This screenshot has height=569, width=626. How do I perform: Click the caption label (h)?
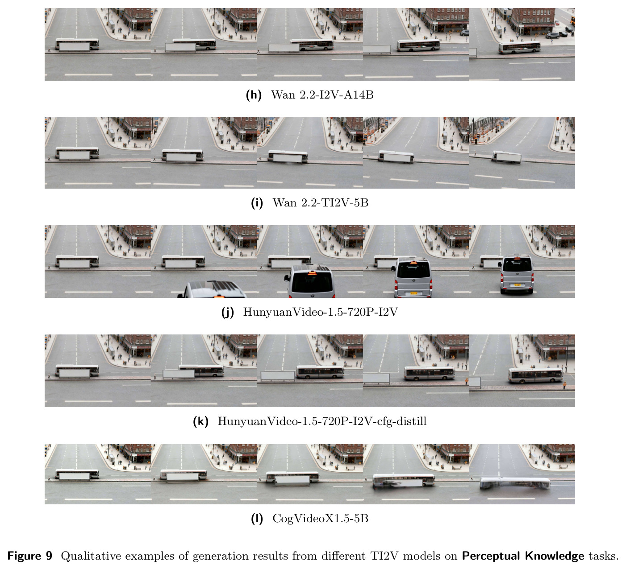254,95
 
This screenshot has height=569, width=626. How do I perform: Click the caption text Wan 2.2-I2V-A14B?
322,95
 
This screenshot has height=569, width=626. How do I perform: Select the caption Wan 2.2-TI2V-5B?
320,202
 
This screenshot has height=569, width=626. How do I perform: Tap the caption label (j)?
228,312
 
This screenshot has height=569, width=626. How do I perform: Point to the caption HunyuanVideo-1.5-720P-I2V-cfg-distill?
322,421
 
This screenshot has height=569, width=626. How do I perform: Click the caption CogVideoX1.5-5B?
320,518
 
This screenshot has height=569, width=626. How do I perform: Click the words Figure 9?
29,556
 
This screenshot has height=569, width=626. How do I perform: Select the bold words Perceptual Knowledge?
523,556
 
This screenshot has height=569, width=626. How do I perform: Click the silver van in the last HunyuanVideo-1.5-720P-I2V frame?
517,274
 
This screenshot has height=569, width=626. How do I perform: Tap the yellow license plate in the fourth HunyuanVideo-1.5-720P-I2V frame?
413,293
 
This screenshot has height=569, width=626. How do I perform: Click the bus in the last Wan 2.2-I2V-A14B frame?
519,47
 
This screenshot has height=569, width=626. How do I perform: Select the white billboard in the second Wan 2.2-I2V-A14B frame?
180,47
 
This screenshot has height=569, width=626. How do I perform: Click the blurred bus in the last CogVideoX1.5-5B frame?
515,483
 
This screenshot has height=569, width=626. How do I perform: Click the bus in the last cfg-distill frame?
535,375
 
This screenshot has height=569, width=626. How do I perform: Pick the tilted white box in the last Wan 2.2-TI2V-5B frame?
506,157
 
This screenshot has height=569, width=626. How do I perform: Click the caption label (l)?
257,519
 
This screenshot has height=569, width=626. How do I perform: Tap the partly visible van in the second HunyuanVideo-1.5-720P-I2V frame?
212,289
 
